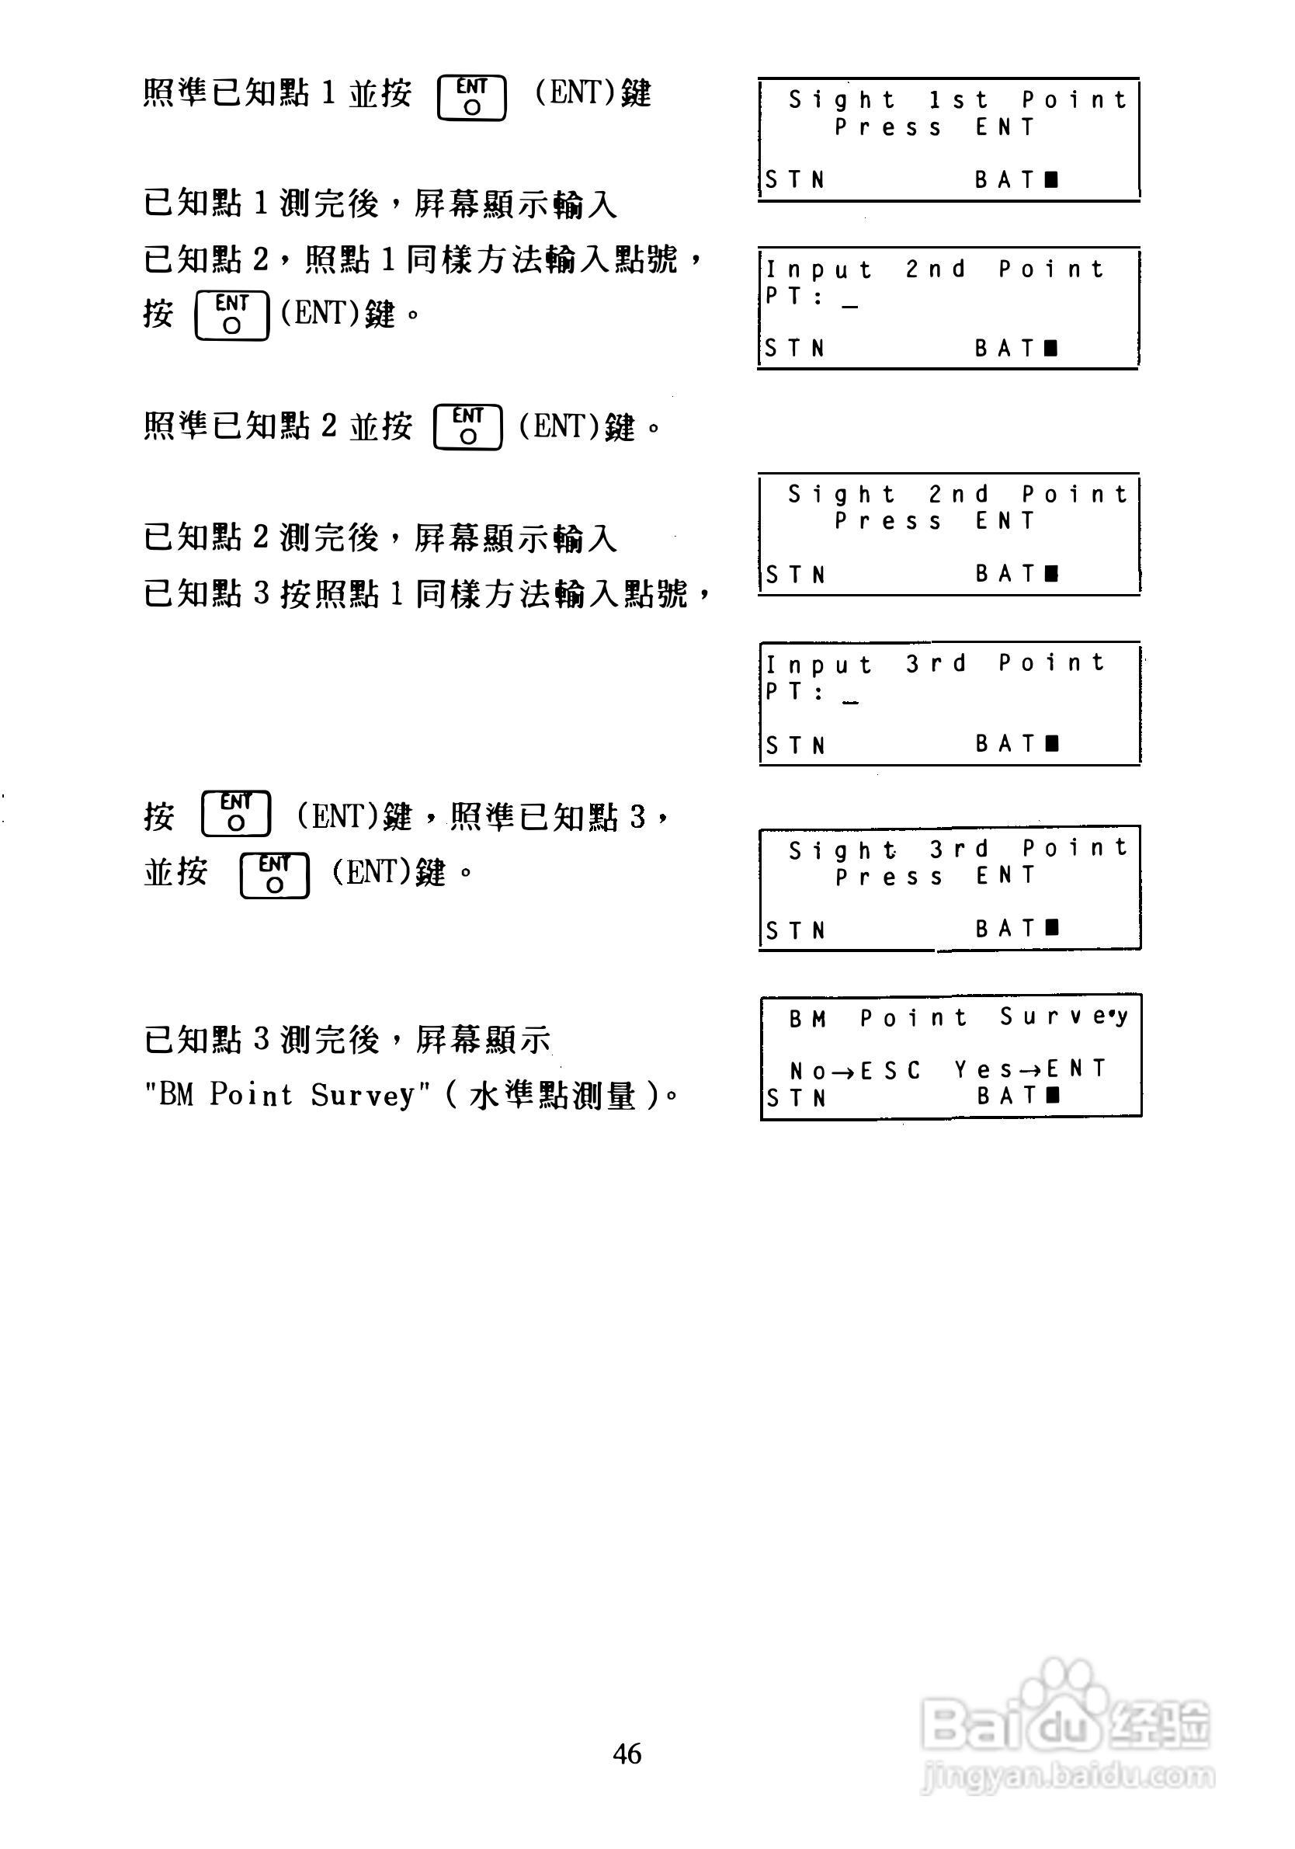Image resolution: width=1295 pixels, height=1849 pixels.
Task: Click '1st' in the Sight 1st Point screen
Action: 957,101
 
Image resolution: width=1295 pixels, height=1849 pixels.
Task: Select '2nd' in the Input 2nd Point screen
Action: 935,269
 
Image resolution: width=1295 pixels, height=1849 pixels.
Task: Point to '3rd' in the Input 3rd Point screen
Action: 935,664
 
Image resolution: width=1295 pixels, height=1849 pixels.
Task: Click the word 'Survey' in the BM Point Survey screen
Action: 1063,1018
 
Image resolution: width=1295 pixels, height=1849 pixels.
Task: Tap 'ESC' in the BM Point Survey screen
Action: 890,1070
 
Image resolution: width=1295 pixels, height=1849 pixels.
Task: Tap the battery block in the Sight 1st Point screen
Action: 1051,179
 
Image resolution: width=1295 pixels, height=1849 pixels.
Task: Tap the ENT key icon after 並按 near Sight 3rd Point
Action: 275,875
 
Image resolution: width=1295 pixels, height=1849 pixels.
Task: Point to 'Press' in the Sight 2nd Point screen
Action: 887,522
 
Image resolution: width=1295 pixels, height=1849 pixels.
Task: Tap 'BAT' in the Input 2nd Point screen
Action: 1003,348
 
